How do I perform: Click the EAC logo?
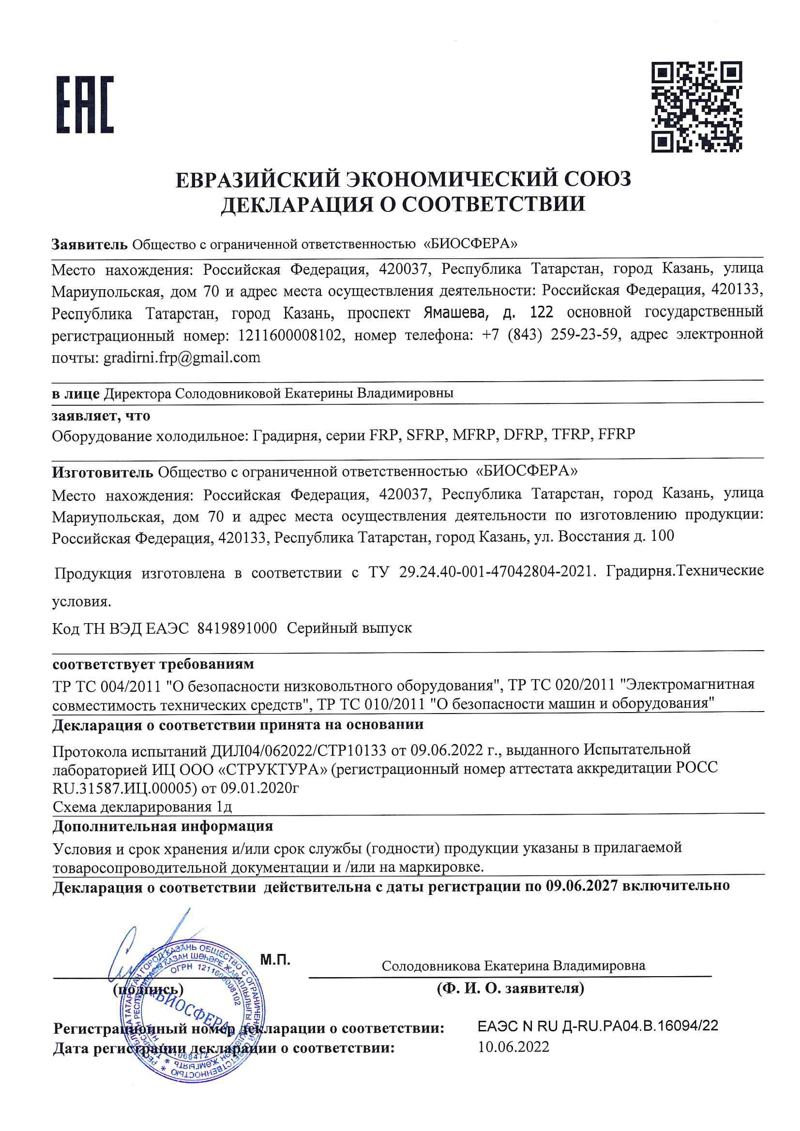[85, 104]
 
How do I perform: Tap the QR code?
[696, 107]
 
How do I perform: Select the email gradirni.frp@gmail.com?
[181, 357]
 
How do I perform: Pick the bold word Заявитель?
[89, 244]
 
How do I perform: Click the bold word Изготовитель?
[103, 473]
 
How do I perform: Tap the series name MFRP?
[474, 434]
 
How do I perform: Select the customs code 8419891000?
[237, 628]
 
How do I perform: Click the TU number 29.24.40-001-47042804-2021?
[495, 572]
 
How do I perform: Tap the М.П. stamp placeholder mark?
[275, 960]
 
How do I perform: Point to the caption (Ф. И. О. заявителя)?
[510, 988]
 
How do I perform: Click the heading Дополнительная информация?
[163, 826]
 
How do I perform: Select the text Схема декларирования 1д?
[142, 807]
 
